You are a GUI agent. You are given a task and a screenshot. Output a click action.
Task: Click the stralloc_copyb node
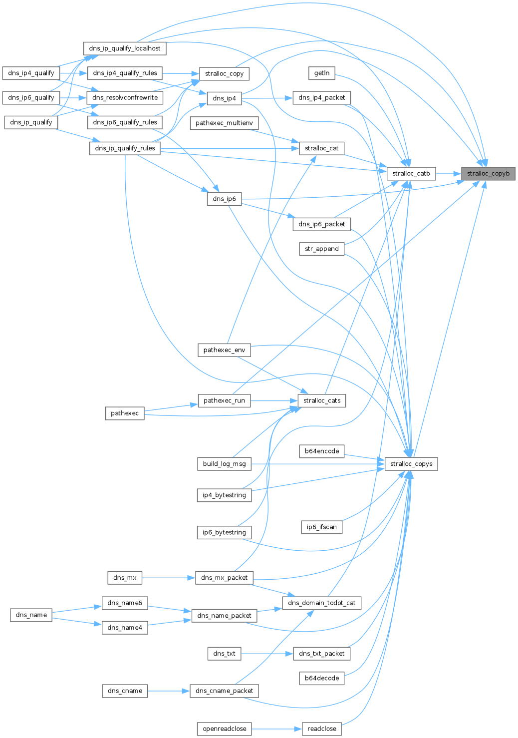488,174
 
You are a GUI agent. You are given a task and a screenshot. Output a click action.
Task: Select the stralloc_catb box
411,174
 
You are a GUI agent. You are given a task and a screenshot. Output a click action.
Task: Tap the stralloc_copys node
411,464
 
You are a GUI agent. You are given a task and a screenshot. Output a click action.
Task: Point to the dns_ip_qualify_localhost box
125,48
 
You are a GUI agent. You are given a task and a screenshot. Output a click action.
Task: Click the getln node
322,73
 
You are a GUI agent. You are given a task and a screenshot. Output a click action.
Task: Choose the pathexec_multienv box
224,123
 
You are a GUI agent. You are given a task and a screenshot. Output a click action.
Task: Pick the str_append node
322,249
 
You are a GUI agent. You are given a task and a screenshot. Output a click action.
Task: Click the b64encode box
322,451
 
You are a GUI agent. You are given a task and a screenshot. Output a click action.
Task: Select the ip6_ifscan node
322,527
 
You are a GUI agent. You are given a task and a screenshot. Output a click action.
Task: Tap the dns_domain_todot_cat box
322,603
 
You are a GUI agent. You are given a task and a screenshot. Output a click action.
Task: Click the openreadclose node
224,729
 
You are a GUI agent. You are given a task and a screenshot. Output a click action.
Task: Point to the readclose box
322,729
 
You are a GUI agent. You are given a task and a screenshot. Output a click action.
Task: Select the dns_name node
31,615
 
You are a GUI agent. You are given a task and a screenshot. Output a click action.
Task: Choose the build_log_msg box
224,464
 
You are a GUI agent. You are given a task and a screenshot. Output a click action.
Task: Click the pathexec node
125,413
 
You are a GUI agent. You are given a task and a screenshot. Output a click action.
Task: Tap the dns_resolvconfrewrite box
125,97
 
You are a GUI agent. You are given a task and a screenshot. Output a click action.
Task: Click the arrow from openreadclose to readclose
276,729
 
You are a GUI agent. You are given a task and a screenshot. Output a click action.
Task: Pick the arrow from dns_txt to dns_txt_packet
266,653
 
